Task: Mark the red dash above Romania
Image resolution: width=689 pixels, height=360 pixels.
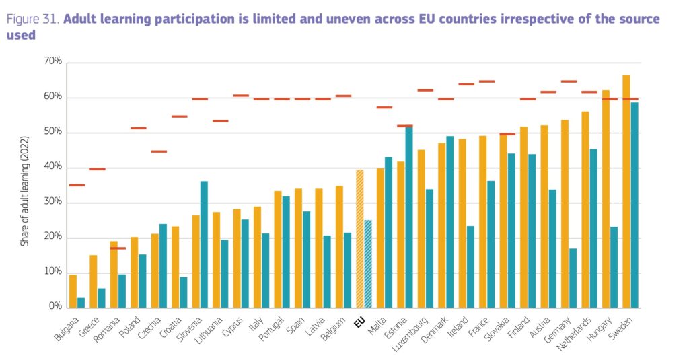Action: (x=118, y=248)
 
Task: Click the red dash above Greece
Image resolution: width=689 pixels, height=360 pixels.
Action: (x=98, y=169)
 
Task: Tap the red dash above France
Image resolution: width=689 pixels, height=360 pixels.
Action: (x=486, y=81)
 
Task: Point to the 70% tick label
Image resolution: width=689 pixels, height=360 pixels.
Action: (x=53, y=61)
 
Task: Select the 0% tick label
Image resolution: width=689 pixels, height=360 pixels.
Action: (x=55, y=307)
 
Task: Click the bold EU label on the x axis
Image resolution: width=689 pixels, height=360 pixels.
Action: (x=359, y=322)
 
